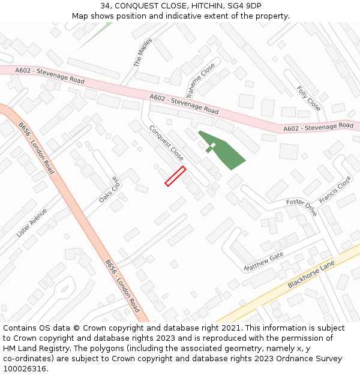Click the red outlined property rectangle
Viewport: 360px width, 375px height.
click(175, 176)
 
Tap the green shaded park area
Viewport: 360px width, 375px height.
click(225, 151)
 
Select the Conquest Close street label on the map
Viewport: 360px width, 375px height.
click(166, 143)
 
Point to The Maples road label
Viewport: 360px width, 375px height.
click(142, 53)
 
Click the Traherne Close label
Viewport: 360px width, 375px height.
click(200, 80)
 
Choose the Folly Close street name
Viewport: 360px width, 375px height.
click(308, 98)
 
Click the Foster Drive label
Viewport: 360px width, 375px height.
click(301, 208)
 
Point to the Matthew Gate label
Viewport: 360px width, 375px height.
click(263, 262)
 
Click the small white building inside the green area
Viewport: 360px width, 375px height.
click(213, 145)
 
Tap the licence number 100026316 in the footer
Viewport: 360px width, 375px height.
click(25, 369)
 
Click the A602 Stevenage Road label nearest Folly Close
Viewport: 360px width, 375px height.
click(318, 127)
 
